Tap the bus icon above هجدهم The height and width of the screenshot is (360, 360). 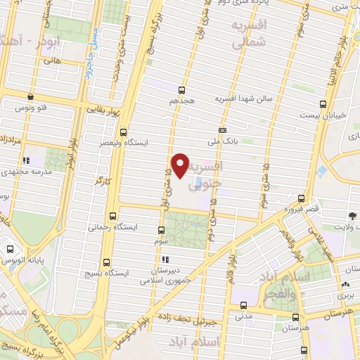(x=181, y=90)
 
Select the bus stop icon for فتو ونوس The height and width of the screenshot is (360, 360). (x=30, y=96)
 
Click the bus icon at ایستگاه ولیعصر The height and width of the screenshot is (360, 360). (x=124, y=131)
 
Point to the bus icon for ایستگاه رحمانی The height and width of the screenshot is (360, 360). (x=113, y=217)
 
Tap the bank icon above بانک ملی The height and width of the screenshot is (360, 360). (x=222, y=131)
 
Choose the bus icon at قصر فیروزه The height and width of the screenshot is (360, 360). (x=302, y=199)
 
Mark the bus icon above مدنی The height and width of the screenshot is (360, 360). (x=243, y=305)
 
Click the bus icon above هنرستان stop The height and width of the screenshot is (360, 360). (x=296, y=317)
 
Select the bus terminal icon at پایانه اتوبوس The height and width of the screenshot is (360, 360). (x=11, y=249)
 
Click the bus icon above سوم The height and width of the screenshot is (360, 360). (x=161, y=230)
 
